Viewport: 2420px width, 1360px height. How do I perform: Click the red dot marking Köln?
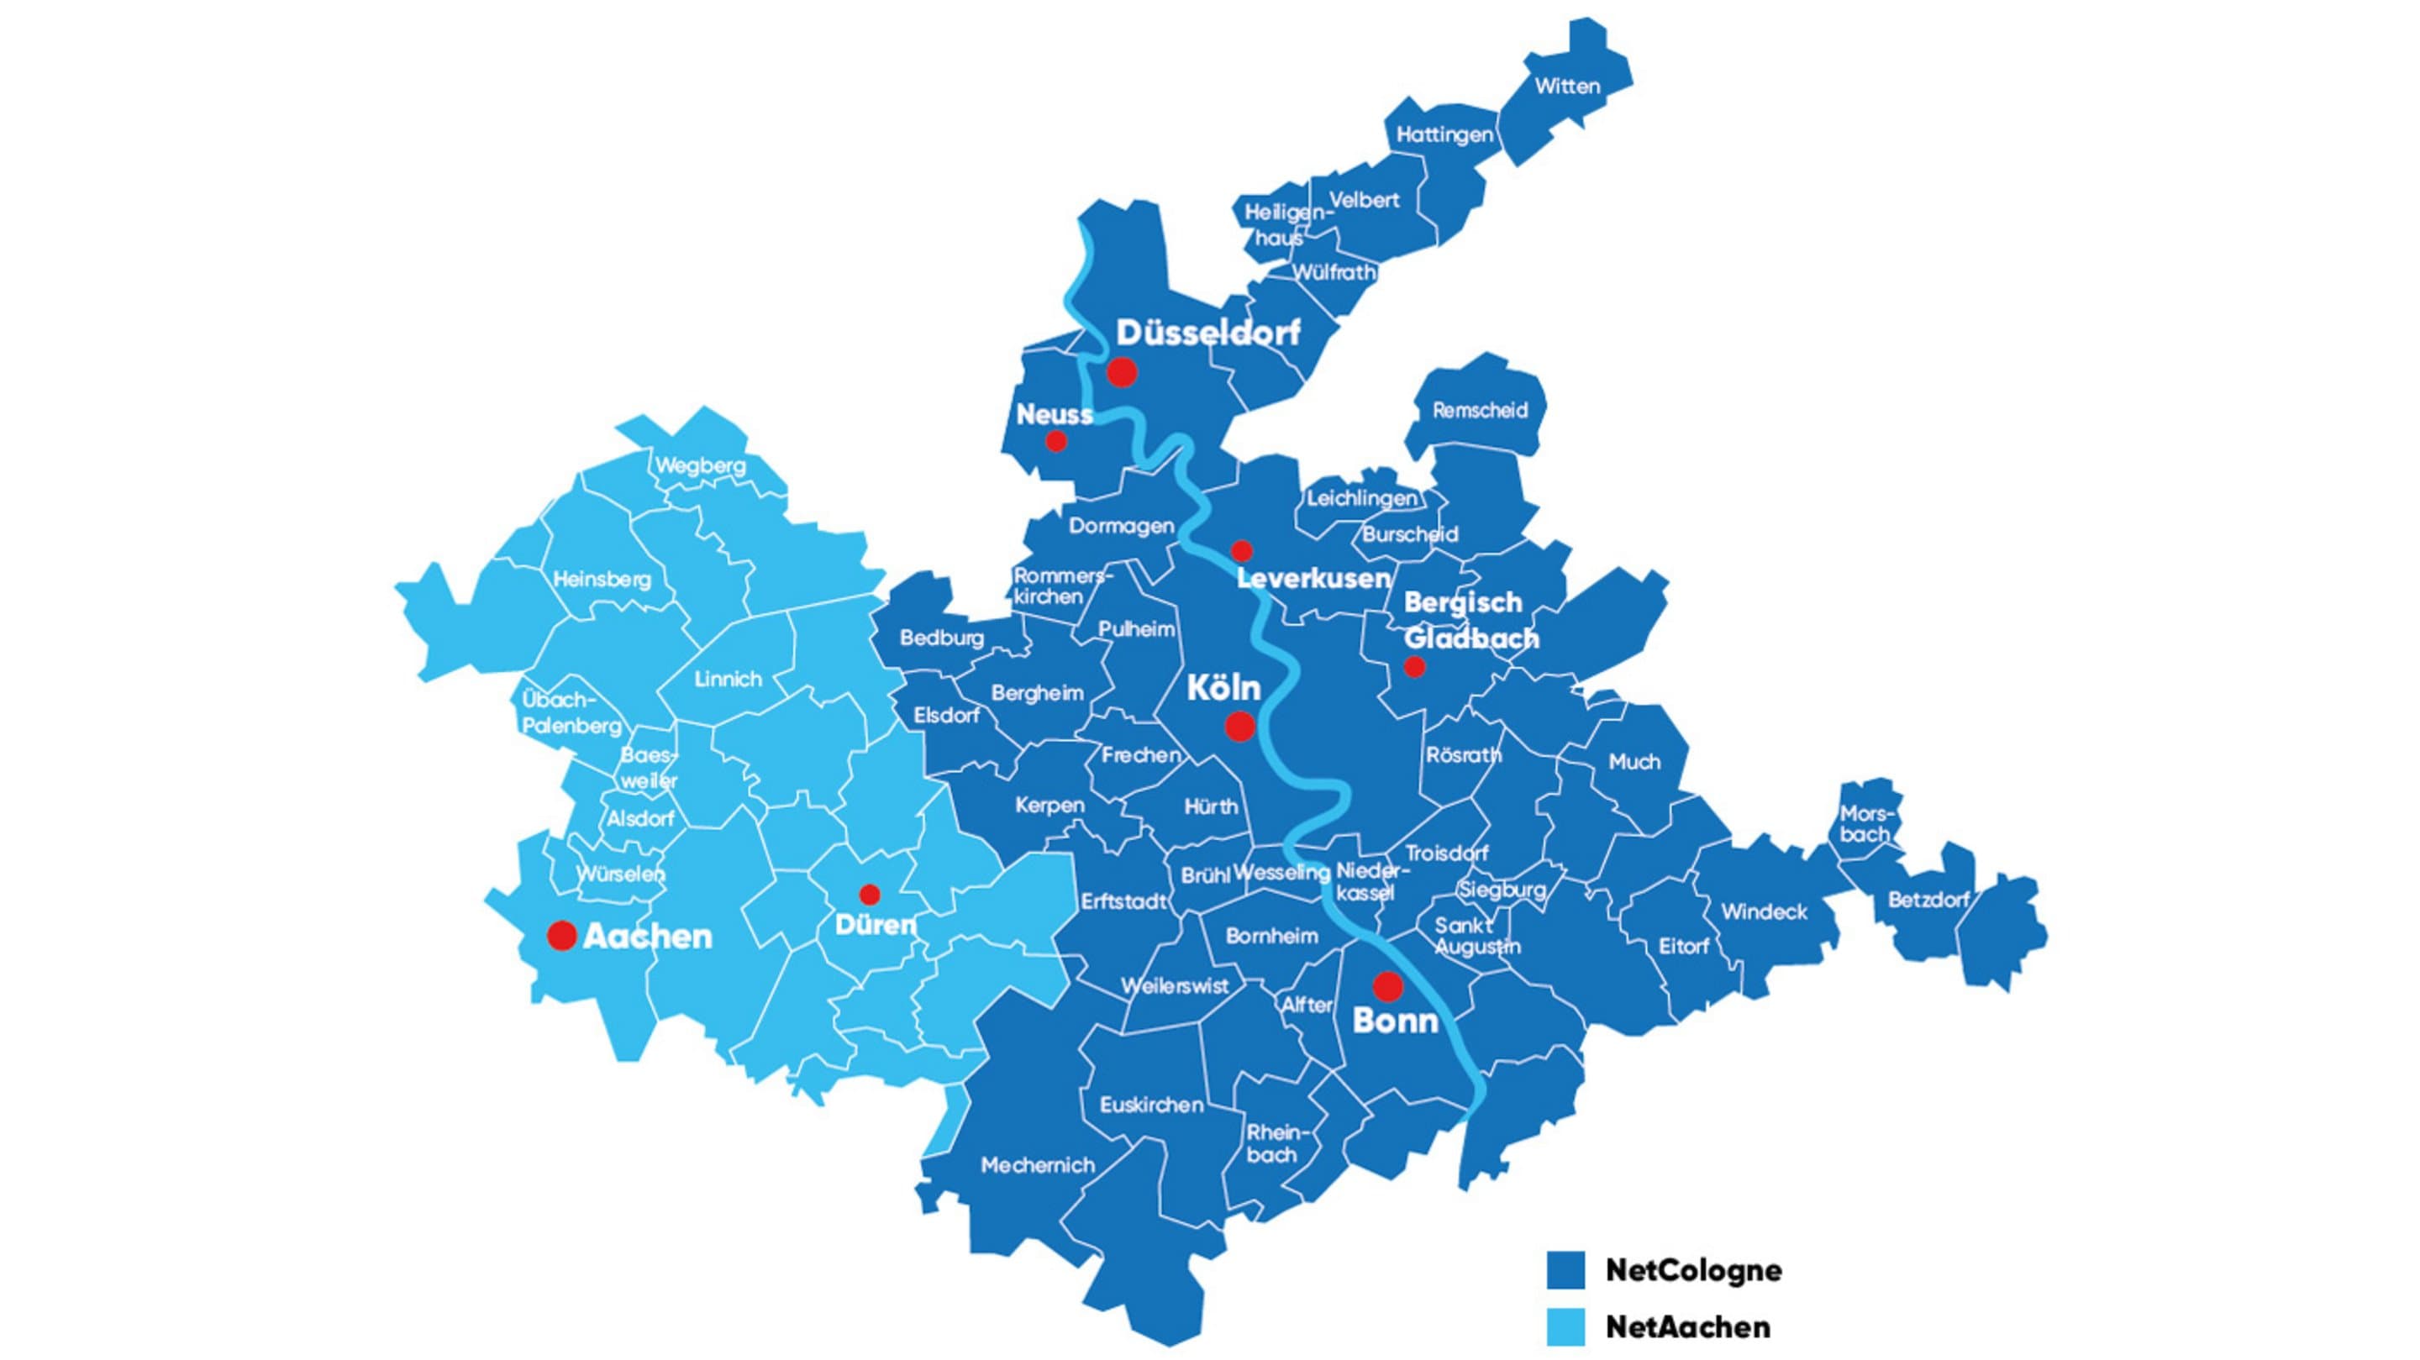(x=1239, y=726)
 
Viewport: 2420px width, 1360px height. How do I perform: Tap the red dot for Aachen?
(x=562, y=936)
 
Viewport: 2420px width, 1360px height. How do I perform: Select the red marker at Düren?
(x=870, y=894)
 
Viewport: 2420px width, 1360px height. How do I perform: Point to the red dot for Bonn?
(x=1387, y=986)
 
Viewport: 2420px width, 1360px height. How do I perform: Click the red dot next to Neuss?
(x=1056, y=440)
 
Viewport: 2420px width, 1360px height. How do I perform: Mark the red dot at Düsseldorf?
(x=1122, y=372)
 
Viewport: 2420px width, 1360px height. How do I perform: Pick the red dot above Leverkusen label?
(x=1242, y=550)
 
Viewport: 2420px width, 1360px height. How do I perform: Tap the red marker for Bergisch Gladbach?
(x=1414, y=667)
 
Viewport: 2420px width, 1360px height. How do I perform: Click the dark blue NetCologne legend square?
(x=1565, y=1270)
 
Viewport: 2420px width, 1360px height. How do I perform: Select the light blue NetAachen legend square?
(x=1565, y=1326)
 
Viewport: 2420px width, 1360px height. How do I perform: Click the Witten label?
(x=1567, y=87)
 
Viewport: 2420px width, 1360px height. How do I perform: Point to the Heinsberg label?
(x=602, y=580)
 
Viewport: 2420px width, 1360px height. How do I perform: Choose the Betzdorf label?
(x=1928, y=900)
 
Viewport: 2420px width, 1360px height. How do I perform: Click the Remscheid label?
(x=1480, y=411)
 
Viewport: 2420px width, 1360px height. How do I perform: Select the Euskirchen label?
(x=1152, y=1105)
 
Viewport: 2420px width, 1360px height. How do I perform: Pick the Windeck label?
(x=1764, y=911)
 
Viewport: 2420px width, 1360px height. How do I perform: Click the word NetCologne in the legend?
(x=1693, y=1270)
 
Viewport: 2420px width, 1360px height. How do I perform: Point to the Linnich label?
(x=728, y=679)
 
